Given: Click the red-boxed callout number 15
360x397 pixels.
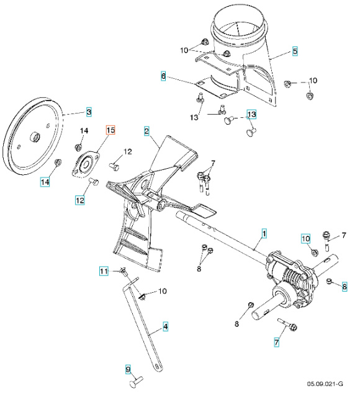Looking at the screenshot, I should click(x=110, y=130).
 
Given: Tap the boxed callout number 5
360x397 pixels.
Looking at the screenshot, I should click(x=295, y=50).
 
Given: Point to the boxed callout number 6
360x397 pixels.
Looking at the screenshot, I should click(x=163, y=76).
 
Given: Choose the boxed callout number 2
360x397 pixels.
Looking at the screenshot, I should click(x=146, y=131).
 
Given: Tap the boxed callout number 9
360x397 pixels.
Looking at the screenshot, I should click(x=128, y=370).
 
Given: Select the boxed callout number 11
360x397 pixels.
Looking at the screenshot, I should click(x=105, y=271).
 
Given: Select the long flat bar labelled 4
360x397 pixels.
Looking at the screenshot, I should click(x=146, y=326).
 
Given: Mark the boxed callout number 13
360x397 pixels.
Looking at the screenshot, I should click(x=251, y=115).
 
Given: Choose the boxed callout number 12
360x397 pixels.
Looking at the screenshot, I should click(x=80, y=200).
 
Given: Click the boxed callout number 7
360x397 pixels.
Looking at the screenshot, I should click(x=277, y=342).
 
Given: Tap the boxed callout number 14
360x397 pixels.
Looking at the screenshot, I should click(x=45, y=182).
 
